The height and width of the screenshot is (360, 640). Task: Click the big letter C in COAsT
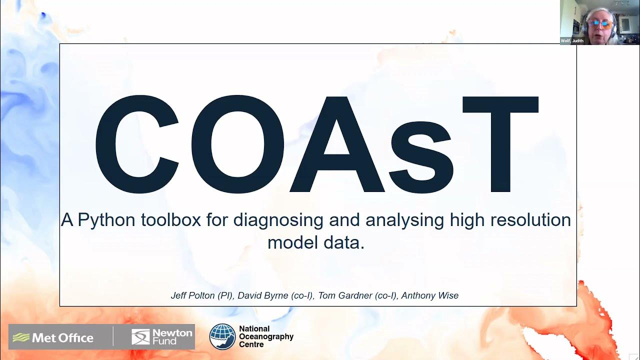136,144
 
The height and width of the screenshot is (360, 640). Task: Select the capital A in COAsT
336,144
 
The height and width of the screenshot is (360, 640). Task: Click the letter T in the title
500,144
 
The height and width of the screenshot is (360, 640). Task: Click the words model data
315,243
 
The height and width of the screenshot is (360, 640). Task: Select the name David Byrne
265,295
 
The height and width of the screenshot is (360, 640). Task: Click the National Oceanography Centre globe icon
222,336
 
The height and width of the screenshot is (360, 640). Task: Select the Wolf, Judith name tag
572,41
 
